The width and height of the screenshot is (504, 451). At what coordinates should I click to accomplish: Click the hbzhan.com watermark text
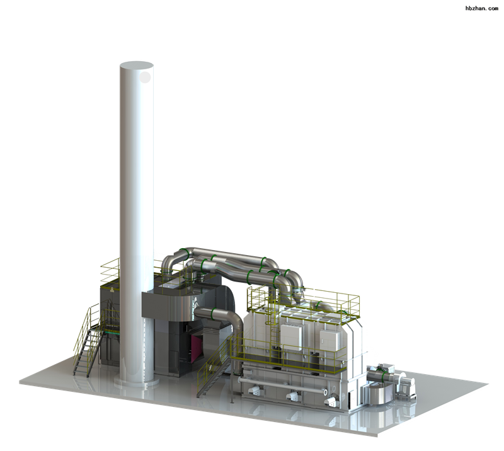point(481,8)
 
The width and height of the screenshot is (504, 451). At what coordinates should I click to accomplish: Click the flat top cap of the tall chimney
point(136,66)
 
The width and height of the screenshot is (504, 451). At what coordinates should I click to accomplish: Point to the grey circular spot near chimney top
point(146,77)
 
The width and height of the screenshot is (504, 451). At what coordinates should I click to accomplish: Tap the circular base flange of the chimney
point(137,382)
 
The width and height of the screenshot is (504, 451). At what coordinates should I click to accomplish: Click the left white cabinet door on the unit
point(292,338)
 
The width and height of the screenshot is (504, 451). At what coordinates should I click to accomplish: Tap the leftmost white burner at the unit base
point(256,390)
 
